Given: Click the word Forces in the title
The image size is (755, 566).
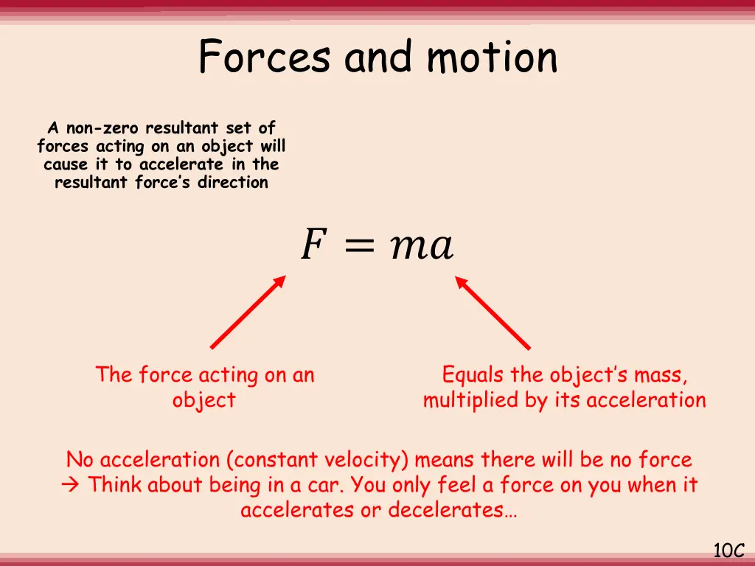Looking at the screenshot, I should click(x=265, y=57).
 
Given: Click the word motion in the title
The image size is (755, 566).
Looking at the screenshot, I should click(x=493, y=57).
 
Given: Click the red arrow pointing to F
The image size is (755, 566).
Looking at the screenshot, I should click(x=248, y=312).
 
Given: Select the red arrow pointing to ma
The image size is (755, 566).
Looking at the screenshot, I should click(x=492, y=312).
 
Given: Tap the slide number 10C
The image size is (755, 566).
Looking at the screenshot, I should click(x=729, y=550).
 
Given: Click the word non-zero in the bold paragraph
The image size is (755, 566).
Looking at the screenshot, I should click(x=103, y=129).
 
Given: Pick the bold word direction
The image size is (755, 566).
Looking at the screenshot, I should click(x=233, y=182).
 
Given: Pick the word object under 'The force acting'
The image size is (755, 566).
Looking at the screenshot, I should click(x=204, y=400).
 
